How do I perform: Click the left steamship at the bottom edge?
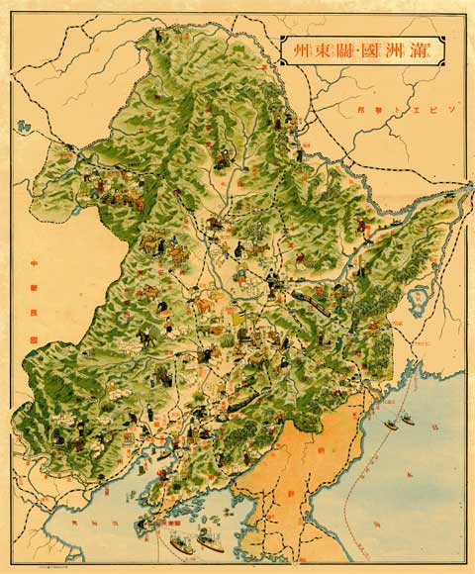[184, 541]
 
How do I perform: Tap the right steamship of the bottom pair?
[210, 541]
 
